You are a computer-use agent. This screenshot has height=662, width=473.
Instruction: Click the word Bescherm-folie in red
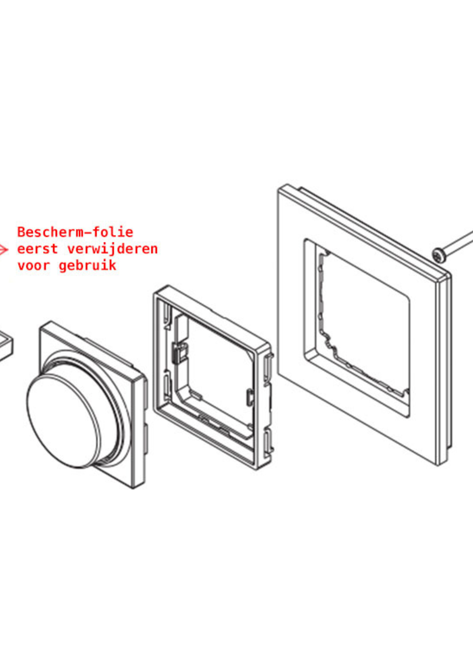click(x=75, y=232)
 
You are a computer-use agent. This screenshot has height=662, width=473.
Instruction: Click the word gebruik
click(x=87, y=266)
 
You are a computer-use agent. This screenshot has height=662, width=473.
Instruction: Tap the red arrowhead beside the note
click(x=3, y=249)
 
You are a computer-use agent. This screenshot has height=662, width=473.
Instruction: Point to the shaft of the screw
click(x=457, y=245)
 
